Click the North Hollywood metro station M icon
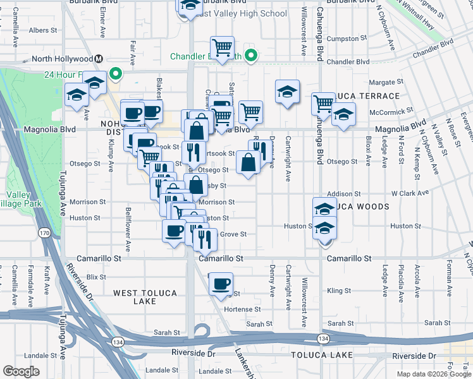tap(99, 59)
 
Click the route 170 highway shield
tap(44, 234)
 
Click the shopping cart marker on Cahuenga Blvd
tap(323, 103)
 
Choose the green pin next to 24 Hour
tap(116, 74)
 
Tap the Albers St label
tap(43, 30)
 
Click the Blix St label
tap(96, 277)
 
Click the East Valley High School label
tap(241, 13)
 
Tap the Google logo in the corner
tap(21, 371)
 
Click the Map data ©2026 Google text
tap(434, 374)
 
